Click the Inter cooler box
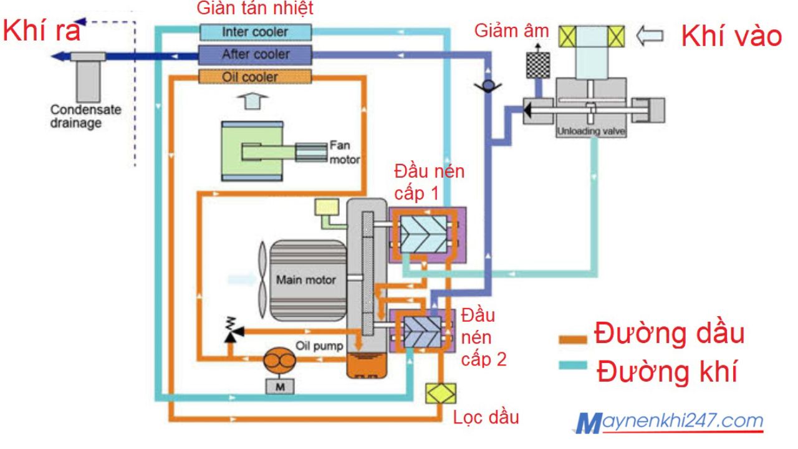(255, 31)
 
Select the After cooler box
(255, 54)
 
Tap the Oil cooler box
(255, 77)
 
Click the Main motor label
(305, 279)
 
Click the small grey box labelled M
(277, 387)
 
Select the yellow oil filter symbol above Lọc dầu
(440, 393)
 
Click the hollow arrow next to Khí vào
(650, 36)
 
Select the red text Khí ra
(42, 31)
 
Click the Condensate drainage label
(77, 117)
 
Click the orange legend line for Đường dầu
(572, 339)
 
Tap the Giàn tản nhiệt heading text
(255, 9)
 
